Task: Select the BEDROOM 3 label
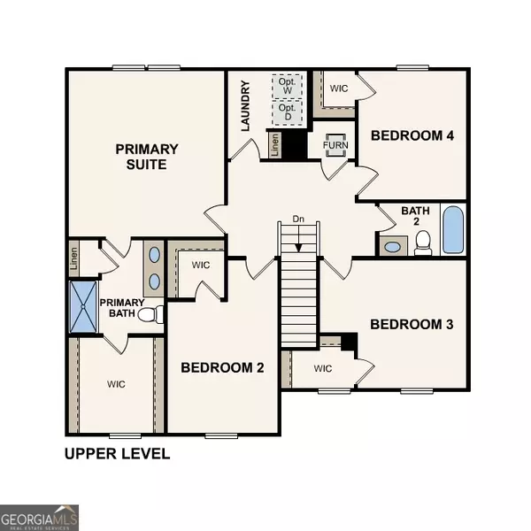[412, 325]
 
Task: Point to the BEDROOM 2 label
[222, 367]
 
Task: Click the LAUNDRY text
[246, 106]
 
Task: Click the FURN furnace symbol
[336, 143]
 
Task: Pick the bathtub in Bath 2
[451, 231]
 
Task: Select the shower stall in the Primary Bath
[83, 306]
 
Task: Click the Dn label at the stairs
[298, 219]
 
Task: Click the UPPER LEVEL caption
[116, 455]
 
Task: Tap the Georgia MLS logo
[40, 514]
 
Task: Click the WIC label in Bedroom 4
[339, 88]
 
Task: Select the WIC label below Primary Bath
[116, 384]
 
